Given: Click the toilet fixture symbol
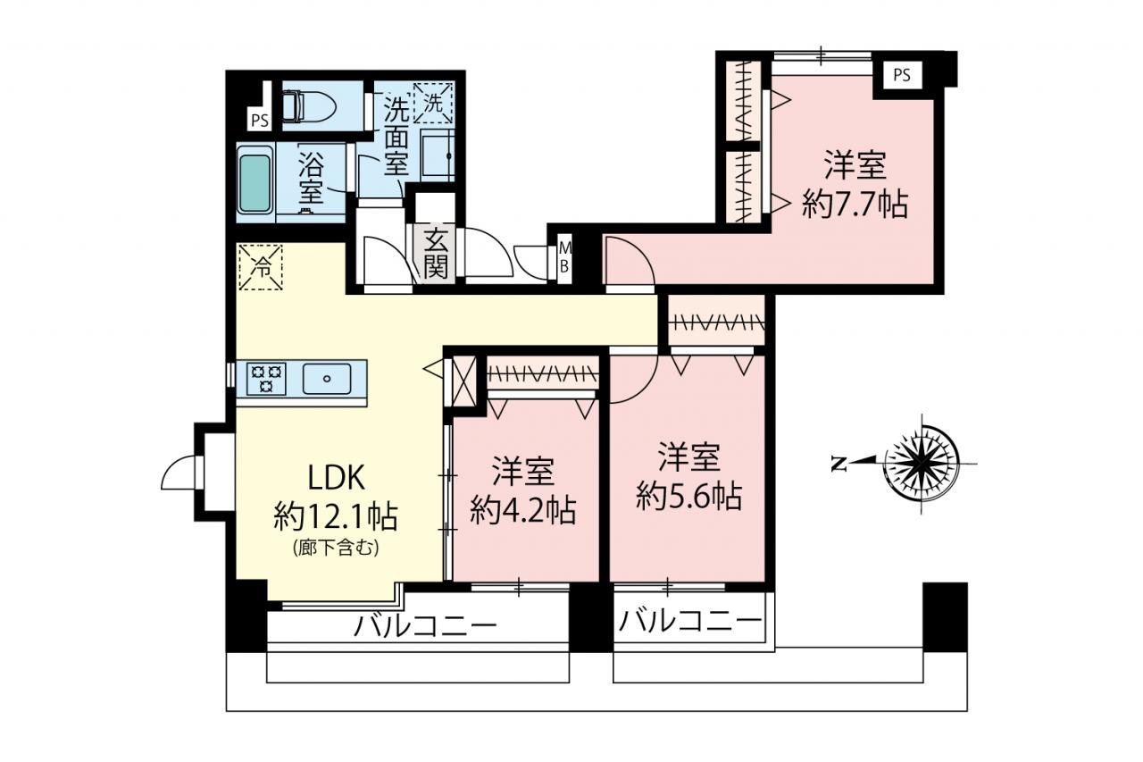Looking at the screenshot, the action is click(310, 107).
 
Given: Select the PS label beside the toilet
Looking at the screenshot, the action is click(260, 121).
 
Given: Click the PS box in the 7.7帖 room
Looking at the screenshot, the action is click(902, 76).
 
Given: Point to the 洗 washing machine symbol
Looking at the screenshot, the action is click(433, 104).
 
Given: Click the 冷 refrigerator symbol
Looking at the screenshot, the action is click(261, 267).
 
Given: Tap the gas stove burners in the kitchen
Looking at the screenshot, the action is click(266, 378).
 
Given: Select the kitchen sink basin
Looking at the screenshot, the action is click(327, 378).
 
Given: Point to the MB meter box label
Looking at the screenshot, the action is click(565, 258).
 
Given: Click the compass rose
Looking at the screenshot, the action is click(922, 464).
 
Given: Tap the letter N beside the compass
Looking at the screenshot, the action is click(838, 464).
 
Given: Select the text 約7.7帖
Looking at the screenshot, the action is click(855, 205).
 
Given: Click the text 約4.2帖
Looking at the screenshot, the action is click(523, 509).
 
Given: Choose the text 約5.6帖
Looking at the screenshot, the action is click(688, 495).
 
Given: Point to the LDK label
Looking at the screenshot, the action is click(337, 478).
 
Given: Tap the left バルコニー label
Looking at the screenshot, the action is click(425, 624).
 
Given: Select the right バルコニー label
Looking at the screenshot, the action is click(690, 621).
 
